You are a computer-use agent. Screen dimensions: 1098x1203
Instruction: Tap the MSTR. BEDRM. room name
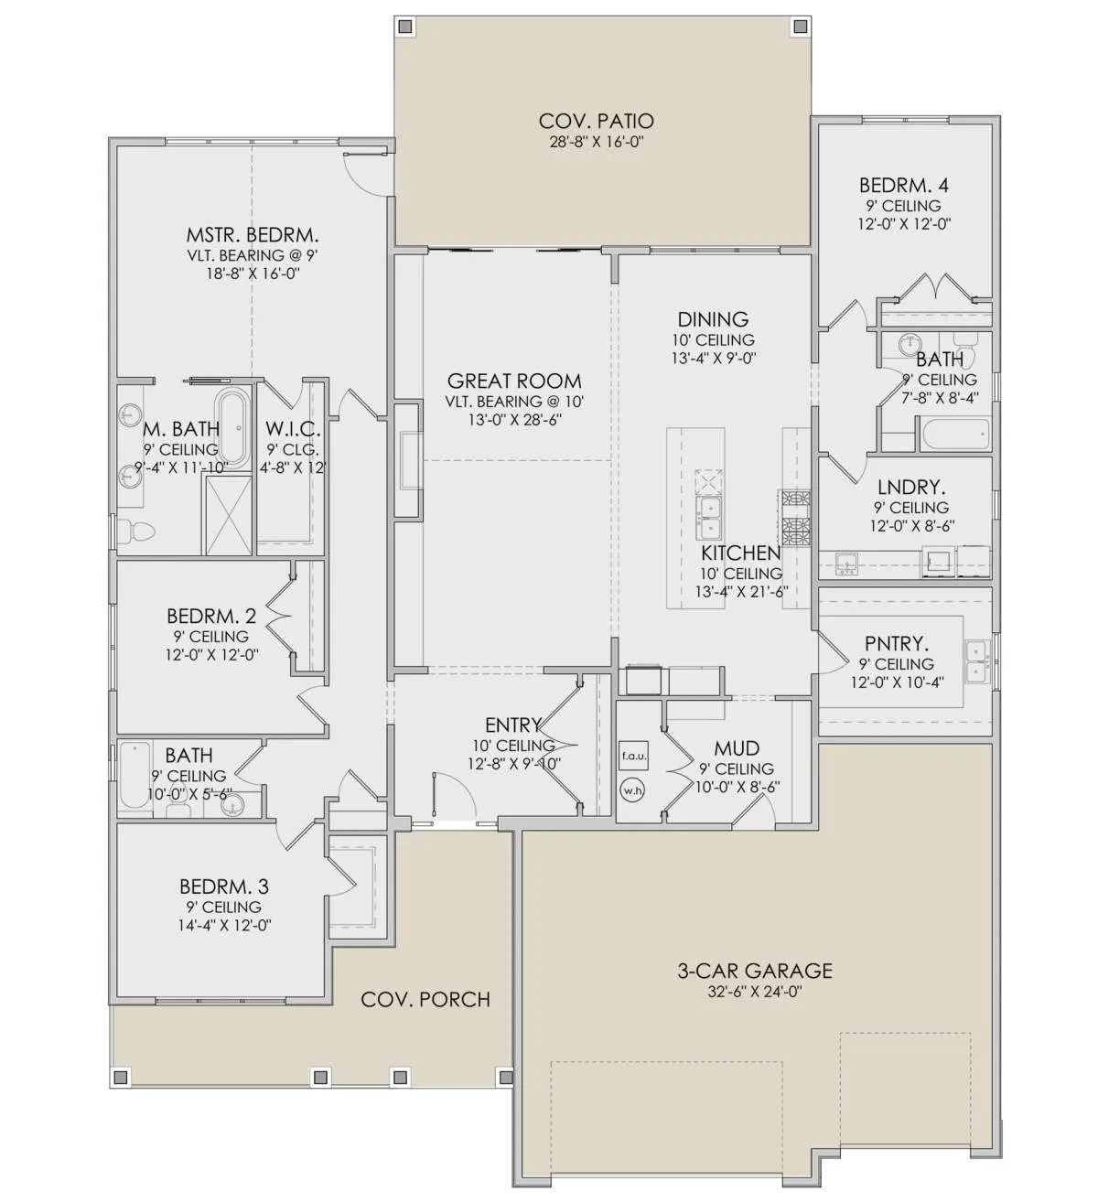(x=252, y=234)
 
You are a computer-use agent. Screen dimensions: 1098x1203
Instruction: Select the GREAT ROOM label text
(x=514, y=381)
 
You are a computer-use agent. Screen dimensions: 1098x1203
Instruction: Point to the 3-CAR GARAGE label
(x=754, y=971)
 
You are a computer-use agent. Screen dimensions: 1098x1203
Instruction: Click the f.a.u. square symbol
(x=633, y=757)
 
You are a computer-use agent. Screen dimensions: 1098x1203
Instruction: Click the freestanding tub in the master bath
(x=232, y=427)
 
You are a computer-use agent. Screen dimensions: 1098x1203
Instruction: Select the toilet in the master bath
(x=135, y=530)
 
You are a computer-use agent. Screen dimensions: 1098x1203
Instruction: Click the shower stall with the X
(x=229, y=515)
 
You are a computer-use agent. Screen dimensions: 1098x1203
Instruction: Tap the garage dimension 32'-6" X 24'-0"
(x=754, y=992)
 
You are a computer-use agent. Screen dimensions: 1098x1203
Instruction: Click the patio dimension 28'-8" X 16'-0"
(x=596, y=142)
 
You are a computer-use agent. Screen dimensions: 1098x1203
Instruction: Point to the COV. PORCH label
(x=425, y=1000)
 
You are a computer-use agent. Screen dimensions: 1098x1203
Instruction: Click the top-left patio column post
(x=406, y=27)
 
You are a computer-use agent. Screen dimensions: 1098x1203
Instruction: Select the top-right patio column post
(x=799, y=27)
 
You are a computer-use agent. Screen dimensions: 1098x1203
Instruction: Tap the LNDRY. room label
(x=910, y=487)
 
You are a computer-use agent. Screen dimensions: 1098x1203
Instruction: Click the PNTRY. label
(x=897, y=643)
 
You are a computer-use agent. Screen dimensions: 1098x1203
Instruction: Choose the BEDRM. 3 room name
(x=224, y=886)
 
